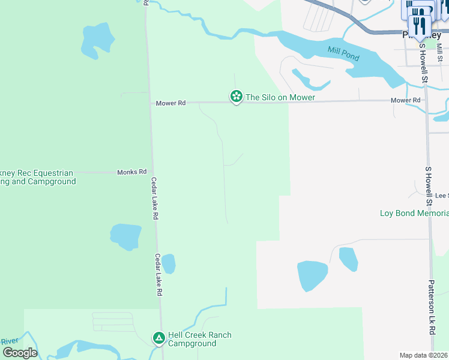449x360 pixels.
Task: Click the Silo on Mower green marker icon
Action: pyautogui.click(x=237, y=97)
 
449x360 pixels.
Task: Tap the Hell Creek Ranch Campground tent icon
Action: pyautogui.click(x=158, y=339)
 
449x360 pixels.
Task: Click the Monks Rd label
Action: pyautogui.click(x=131, y=172)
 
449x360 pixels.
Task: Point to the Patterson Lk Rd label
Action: pyautogui.click(x=432, y=307)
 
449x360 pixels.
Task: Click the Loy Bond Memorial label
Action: pyautogui.click(x=414, y=213)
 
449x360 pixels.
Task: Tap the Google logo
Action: pyautogui.click(x=20, y=353)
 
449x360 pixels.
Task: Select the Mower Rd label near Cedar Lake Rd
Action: pyautogui.click(x=170, y=103)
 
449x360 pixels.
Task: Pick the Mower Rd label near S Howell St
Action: pyautogui.click(x=405, y=100)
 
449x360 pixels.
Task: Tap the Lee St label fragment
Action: pyautogui.click(x=442, y=196)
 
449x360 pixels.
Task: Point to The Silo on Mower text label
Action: pyautogui.click(x=280, y=97)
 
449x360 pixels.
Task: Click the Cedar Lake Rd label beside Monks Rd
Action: pyautogui.click(x=155, y=198)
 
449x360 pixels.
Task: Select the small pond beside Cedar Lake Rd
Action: pyautogui.click(x=169, y=263)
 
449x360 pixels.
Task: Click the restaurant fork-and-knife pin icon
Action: pyautogui.click(x=420, y=25)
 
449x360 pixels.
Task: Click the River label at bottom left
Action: pyautogui.click(x=10, y=341)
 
